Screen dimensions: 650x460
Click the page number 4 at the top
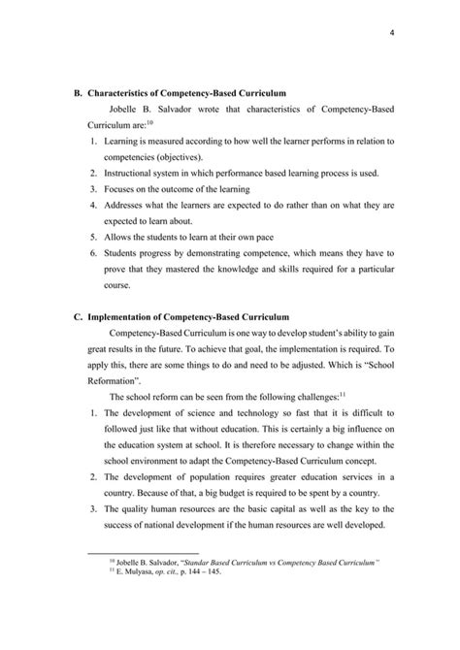(x=390, y=37)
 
